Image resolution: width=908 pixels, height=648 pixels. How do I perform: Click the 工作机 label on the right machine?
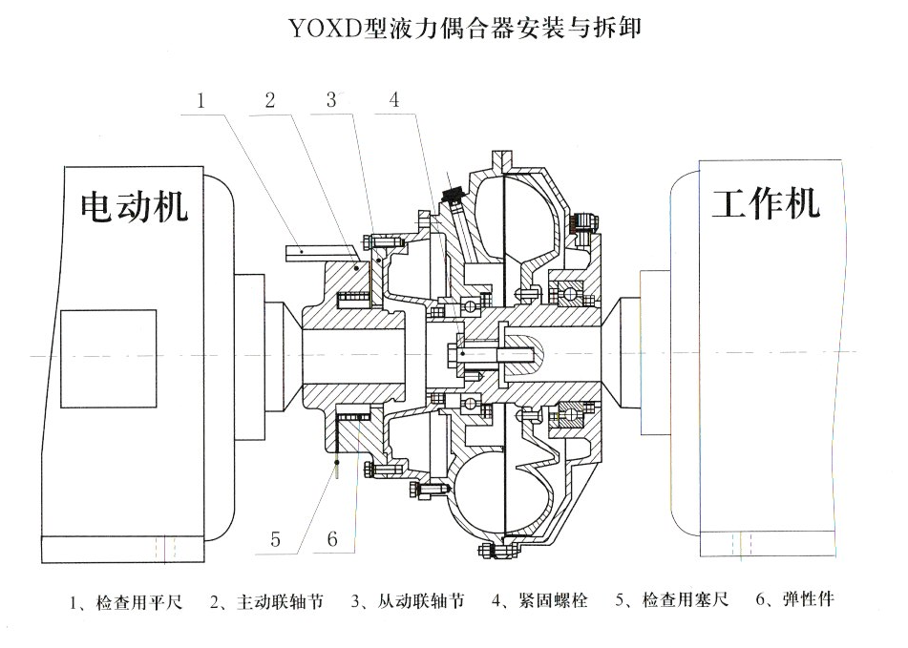click(765, 202)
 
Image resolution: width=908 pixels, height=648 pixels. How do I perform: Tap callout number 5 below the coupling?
click(276, 539)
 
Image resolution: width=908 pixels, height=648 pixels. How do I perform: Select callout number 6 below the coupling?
click(331, 539)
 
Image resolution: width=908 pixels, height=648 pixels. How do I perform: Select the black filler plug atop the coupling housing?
click(450, 199)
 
